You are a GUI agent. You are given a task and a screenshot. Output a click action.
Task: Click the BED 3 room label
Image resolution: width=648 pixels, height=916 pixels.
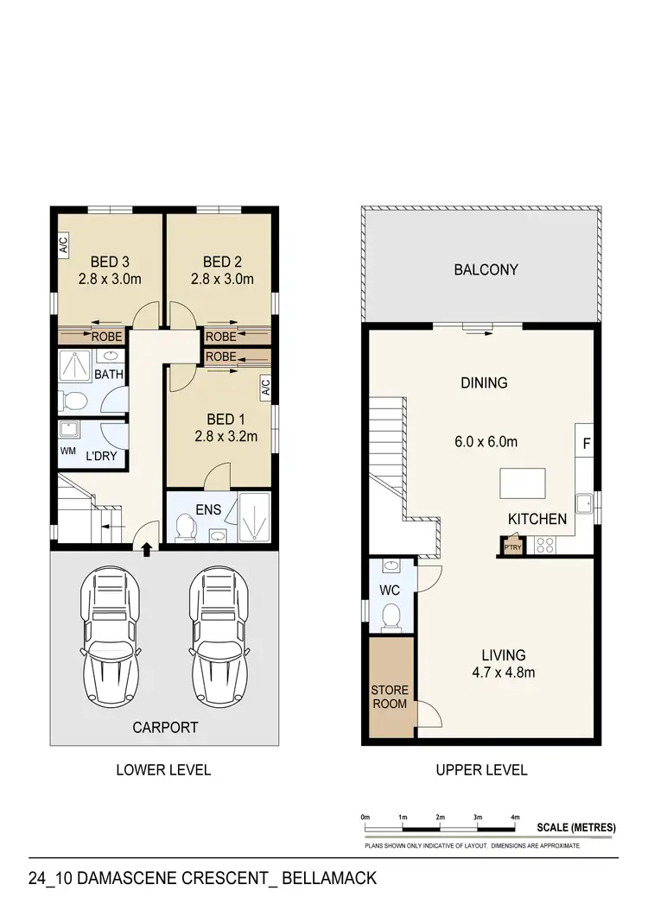pos(109,262)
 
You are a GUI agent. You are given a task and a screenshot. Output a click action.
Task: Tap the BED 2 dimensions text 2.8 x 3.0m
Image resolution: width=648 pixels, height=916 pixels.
pos(222,280)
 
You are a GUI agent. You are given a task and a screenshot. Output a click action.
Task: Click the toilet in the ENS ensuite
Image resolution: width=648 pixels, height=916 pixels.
pos(184,526)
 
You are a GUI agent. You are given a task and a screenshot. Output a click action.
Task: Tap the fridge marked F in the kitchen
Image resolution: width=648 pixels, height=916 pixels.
pos(584,443)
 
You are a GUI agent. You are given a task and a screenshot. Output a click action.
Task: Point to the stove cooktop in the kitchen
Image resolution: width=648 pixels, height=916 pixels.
pos(545,544)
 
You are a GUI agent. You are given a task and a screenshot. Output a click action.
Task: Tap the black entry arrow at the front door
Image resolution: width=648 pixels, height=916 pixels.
pos(146,547)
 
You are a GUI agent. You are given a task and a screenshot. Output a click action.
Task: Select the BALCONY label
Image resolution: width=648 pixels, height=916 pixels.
pos(486,269)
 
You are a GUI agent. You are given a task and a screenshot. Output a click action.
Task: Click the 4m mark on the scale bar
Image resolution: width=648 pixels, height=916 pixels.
pos(515,817)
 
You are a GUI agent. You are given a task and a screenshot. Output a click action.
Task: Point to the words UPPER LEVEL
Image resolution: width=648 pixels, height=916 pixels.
pos(481,770)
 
